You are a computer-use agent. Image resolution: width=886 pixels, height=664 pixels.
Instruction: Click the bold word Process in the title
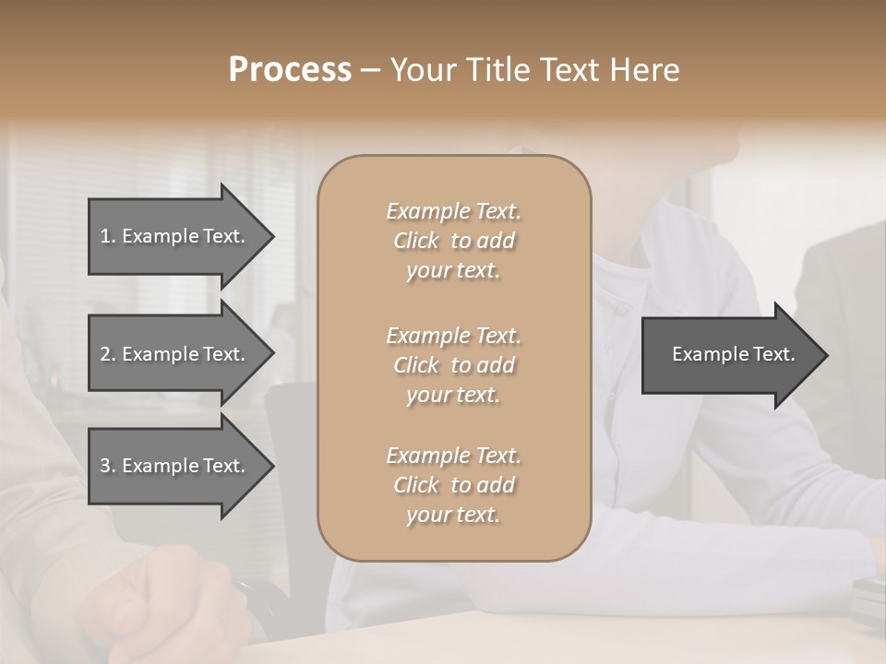(290, 70)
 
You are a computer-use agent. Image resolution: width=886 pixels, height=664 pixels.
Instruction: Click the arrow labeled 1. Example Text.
(175, 236)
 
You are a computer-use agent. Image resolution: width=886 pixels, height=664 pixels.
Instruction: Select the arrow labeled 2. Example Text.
(175, 354)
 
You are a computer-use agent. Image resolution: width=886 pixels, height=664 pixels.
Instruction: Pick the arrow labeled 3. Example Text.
(175, 466)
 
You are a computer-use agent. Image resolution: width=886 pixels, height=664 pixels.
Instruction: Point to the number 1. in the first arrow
(108, 236)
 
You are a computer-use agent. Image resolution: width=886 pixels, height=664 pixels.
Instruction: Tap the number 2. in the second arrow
(108, 354)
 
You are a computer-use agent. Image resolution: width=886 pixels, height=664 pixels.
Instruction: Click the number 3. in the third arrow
(108, 466)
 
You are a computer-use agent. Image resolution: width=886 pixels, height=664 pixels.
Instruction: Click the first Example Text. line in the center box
(453, 211)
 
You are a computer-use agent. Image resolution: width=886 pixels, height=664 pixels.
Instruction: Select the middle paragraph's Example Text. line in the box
(453, 335)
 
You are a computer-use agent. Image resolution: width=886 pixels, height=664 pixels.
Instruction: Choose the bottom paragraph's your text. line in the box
(453, 516)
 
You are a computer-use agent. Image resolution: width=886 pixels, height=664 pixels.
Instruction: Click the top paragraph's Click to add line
(453, 241)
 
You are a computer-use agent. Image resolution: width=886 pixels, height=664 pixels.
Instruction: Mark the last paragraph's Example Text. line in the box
(453, 456)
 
